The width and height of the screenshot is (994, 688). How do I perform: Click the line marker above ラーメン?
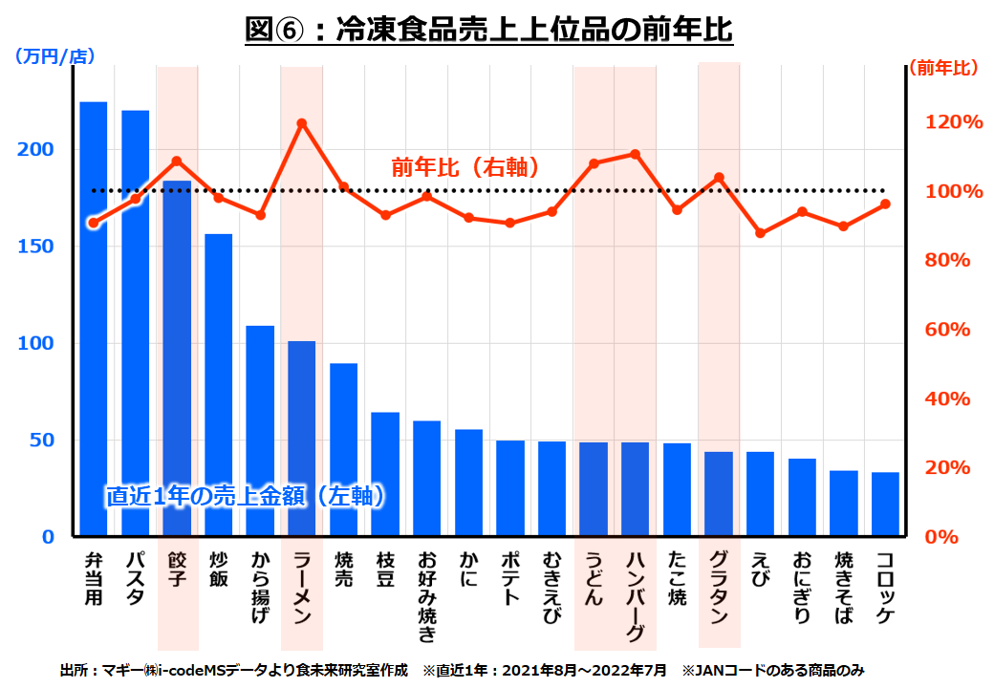pyautogui.click(x=302, y=123)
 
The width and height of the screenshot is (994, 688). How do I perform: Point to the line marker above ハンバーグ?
pyautogui.click(x=636, y=154)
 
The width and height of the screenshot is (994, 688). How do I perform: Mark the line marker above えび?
pyautogui.click(x=760, y=233)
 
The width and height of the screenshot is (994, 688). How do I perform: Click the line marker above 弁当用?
pyautogui.click(x=94, y=223)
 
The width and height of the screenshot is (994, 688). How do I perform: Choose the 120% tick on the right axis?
pyautogui.click(x=952, y=122)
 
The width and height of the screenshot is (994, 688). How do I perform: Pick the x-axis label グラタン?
pyautogui.click(x=719, y=587)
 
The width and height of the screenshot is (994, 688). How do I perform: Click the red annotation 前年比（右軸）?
pyautogui.click(x=465, y=166)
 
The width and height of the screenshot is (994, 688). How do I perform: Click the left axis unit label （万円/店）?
pyautogui.click(x=54, y=56)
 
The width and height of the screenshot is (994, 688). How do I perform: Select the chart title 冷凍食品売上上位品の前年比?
pyautogui.click(x=489, y=30)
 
